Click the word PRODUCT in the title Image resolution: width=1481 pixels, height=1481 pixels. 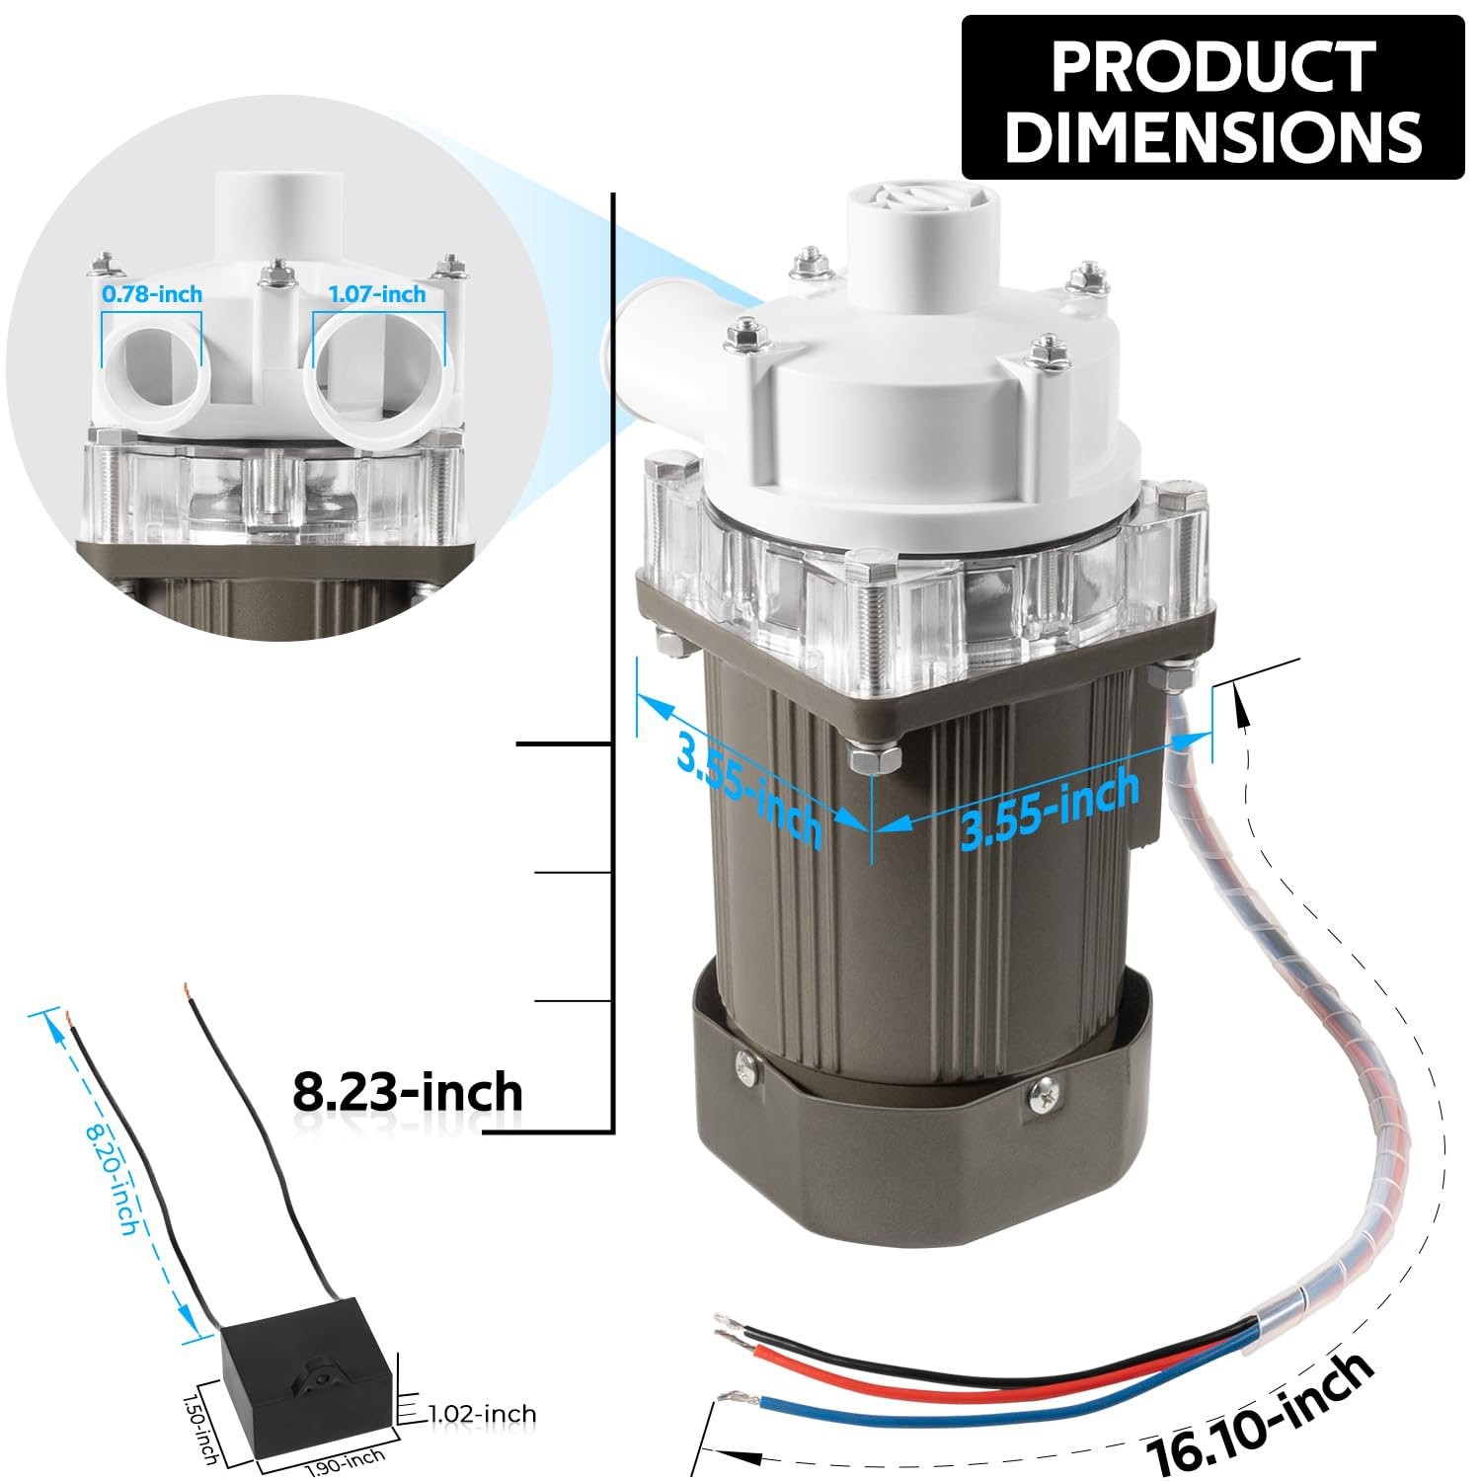[1213, 66]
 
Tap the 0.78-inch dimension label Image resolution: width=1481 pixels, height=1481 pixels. [152, 293]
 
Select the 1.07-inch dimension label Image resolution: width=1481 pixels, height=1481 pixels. [377, 293]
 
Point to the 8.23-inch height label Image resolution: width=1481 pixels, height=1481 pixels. [408, 1093]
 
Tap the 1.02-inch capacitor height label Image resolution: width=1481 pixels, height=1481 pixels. [482, 1415]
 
